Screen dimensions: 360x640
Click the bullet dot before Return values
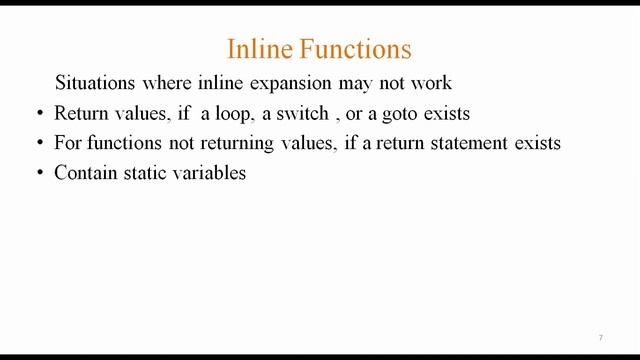38,113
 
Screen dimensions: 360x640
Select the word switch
302,113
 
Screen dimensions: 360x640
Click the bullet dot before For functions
38,143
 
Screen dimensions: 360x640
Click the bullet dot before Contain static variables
38,173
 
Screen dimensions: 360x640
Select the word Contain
85,173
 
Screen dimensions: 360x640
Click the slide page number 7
600,337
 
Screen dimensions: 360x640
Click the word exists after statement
535,143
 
